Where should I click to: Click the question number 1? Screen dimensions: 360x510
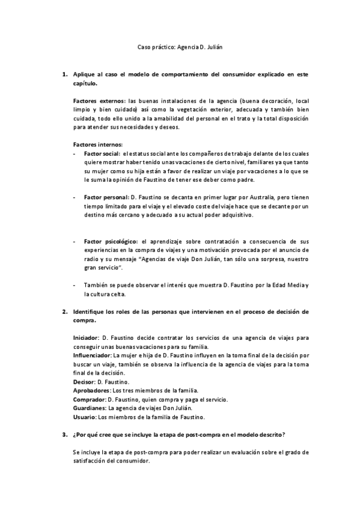coord(65,75)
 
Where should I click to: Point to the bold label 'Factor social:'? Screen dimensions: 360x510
coord(102,155)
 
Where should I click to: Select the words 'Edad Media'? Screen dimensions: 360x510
coord(290,284)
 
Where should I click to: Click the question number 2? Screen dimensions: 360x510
coord(65,312)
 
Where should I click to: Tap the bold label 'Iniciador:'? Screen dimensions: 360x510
coord(87,339)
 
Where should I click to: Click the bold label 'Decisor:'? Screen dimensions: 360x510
coord(85,382)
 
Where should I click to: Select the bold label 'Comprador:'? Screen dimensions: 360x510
coord(89,399)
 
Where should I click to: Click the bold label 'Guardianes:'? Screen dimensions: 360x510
coord(89,408)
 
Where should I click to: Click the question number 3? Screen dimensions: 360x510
coord(65,434)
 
